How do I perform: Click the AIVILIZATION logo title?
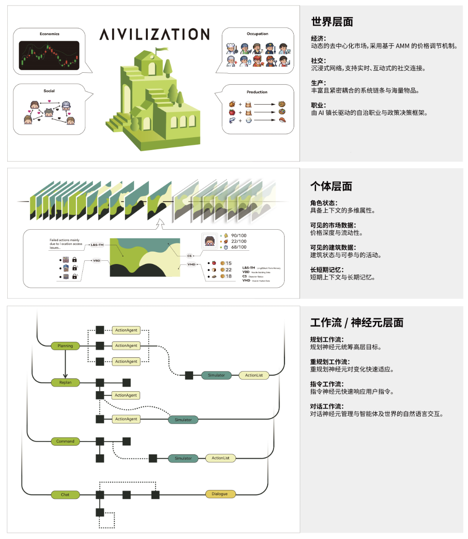click(x=155, y=34)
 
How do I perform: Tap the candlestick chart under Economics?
click(x=49, y=55)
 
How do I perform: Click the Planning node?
click(x=65, y=346)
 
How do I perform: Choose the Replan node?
click(x=65, y=383)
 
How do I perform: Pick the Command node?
click(x=65, y=442)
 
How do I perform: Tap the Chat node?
click(x=65, y=495)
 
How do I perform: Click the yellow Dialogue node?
click(x=220, y=494)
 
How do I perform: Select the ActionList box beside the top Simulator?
click(x=254, y=376)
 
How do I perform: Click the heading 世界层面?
click(x=332, y=22)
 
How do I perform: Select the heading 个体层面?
click(x=331, y=186)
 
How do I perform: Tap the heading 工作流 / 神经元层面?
click(x=357, y=323)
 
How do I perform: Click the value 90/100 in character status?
click(x=239, y=236)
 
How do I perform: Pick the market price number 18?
click(x=229, y=276)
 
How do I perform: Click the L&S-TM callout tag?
click(x=97, y=245)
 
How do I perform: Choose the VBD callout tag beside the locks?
click(x=97, y=260)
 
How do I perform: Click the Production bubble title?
click(x=257, y=92)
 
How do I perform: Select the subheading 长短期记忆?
click(x=327, y=270)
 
